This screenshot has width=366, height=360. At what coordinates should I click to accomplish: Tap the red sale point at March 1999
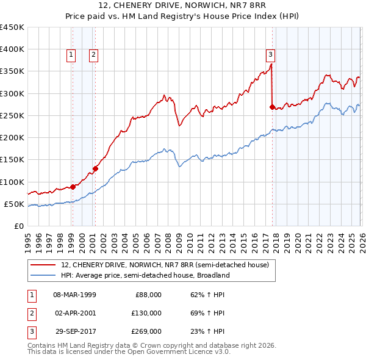pyautogui.click(x=73, y=187)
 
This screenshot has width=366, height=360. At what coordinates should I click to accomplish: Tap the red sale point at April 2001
pyautogui.click(x=95, y=168)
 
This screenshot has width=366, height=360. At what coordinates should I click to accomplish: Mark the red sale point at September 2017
pyautogui.click(x=272, y=107)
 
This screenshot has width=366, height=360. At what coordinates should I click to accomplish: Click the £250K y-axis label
pyautogui.click(x=12, y=115)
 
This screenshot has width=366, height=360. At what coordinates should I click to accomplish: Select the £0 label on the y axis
pyautogui.click(x=18, y=226)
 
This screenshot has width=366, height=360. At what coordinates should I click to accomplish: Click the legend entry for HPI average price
pyautogui.click(x=145, y=275)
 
